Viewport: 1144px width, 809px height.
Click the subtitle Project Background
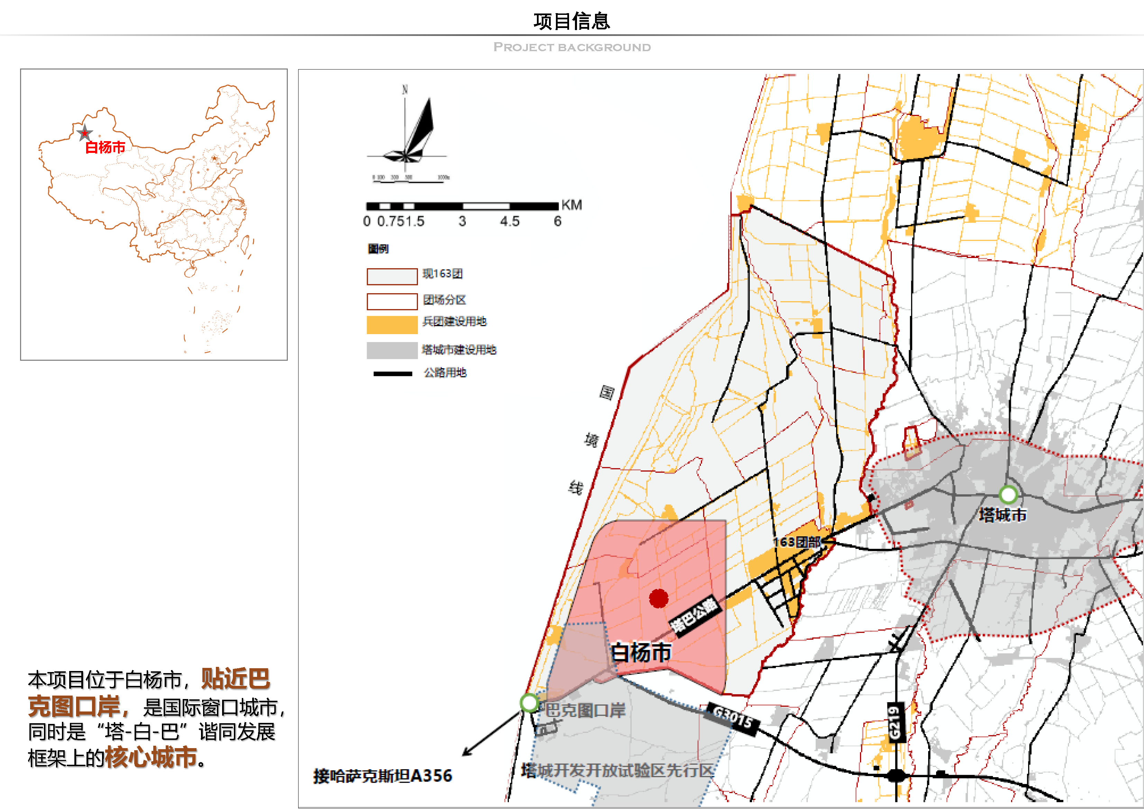click(571, 47)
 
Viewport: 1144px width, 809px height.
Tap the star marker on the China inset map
click(85, 133)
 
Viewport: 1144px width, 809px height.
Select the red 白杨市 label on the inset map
click(105, 147)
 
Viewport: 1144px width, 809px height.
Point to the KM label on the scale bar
click(571, 205)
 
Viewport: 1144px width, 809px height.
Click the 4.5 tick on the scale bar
click(510, 221)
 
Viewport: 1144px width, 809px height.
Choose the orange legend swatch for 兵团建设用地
click(392, 325)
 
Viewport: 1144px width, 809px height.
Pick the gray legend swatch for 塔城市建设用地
click(392, 350)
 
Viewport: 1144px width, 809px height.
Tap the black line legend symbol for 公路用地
click(393, 374)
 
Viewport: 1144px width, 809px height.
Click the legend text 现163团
click(442, 274)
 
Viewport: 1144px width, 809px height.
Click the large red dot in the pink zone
click(658, 598)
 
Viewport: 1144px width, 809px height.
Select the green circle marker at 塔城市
click(1008, 495)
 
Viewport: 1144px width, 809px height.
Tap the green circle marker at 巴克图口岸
click(529, 703)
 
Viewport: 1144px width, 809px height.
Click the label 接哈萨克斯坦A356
click(383, 776)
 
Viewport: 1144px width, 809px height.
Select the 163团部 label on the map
click(796, 542)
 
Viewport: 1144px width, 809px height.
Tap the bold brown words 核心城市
click(151, 757)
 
